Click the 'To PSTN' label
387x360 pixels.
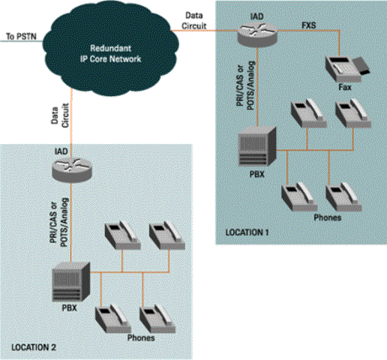[x=19, y=35]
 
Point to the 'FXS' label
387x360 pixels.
[x=308, y=24]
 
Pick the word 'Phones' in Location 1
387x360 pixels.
[x=327, y=218]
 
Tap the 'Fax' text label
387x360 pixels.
[x=344, y=88]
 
